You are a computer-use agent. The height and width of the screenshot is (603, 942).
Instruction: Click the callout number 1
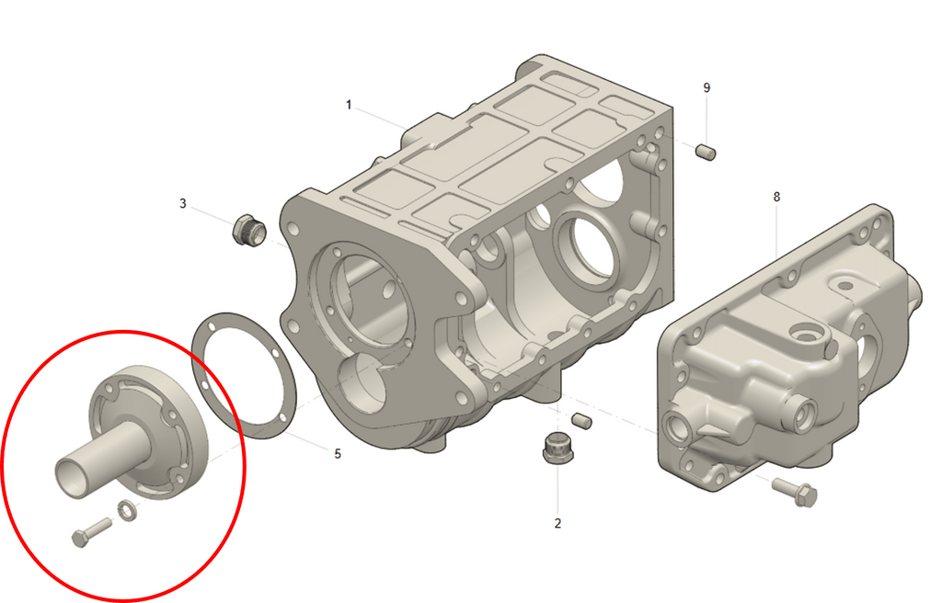coord(349,105)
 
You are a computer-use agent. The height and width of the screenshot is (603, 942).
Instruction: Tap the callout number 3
coord(183,203)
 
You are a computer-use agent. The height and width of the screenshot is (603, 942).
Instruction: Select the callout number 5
coord(338,453)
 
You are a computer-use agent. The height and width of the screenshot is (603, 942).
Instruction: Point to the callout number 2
coord(557,523)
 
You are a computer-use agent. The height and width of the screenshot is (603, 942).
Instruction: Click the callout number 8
coord(776,197)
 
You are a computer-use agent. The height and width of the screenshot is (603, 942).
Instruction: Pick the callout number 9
coord(706,87)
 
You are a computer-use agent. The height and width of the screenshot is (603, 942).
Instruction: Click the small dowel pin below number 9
coord(706,151)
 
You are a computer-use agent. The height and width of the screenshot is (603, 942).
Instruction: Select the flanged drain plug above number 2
coord(557,448)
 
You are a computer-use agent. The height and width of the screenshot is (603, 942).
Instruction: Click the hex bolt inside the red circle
coord(91,532)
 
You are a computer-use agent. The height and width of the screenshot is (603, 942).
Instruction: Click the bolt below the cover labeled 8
coord(795,492)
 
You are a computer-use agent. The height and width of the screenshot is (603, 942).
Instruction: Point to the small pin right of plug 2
coord(580,421)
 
